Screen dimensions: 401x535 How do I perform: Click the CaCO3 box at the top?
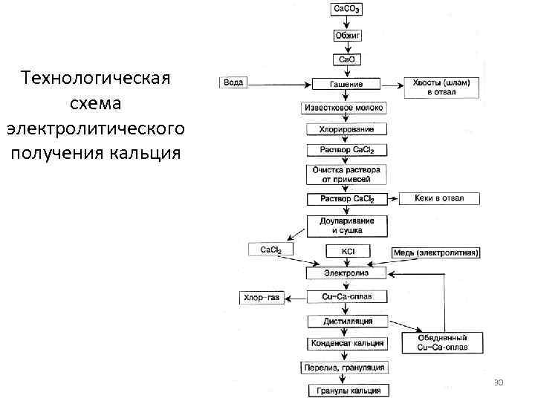click(346, 10)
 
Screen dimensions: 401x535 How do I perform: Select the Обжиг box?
click(346, 35)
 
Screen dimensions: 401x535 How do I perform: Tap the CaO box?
click(346, 59)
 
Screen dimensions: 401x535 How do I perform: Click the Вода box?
click(233, 82)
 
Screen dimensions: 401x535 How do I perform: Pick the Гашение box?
click(346, 84)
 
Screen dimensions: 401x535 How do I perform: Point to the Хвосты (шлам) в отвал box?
click(441, 87)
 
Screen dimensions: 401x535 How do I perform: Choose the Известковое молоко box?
click(345, 108)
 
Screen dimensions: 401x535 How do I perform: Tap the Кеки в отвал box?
click(440, 198)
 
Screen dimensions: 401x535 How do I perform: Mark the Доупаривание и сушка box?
click(346, 226)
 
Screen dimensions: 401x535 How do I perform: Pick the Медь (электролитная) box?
click(436, 253)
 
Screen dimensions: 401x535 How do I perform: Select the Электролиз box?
click(346, 273)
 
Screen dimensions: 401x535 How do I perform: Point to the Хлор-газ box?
click(262, 298)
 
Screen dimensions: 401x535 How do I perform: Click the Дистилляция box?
click(346, 321)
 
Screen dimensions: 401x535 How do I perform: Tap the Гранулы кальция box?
click(346, 390)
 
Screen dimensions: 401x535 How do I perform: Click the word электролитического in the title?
click(95, 129)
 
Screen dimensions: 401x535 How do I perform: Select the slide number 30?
click(499, 382)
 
